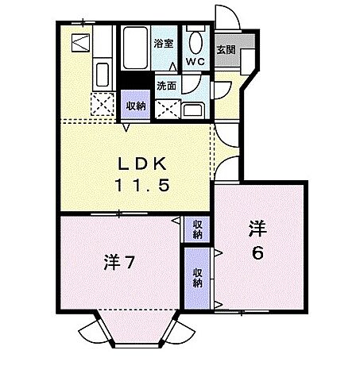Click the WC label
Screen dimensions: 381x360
point(195,61)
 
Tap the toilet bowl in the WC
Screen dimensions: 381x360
point(195,40)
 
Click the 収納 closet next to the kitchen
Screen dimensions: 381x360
point(134,104)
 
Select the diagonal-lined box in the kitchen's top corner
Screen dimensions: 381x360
point(80,44)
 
